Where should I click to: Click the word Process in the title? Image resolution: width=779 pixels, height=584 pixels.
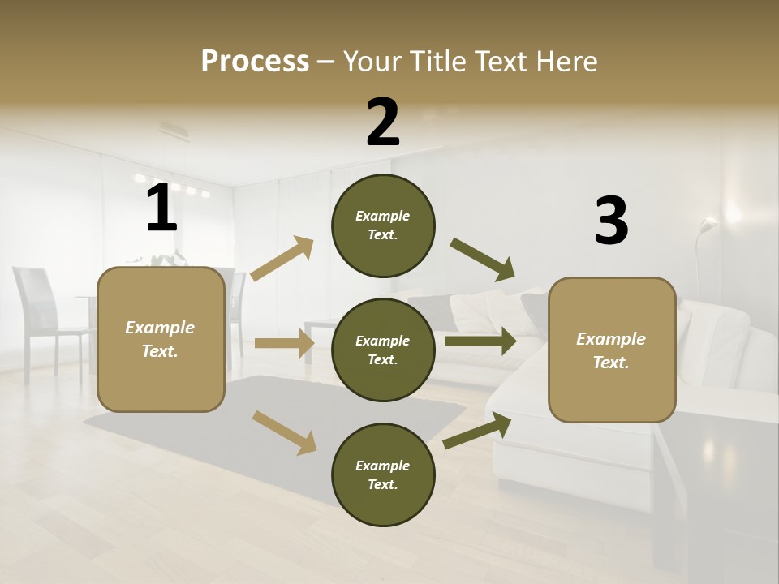(255, 62)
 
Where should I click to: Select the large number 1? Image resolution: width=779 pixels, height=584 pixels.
(161, 208)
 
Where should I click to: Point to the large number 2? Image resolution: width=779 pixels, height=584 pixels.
(383, 122)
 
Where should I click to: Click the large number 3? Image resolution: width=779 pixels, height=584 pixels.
(611, 221)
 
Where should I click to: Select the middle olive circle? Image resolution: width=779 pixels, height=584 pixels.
(383, 350)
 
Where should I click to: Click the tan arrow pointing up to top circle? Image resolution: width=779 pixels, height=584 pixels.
(282, 259)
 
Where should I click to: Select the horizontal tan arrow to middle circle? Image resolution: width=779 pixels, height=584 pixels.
(283, 343)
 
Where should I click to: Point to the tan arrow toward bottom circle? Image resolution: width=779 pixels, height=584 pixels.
(284, 432)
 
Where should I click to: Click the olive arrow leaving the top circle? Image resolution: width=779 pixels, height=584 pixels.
(482, 260)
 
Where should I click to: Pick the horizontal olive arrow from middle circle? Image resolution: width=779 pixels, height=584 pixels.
(480, 341)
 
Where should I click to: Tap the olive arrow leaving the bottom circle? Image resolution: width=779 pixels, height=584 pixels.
(477, 431)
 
